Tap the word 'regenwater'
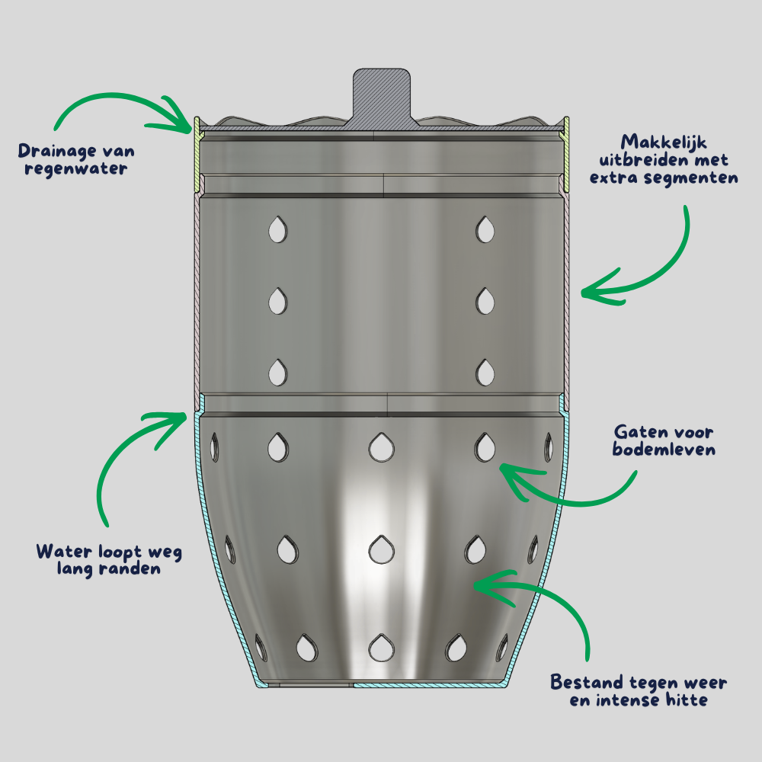[x=75, y=168]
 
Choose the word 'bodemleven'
[x=664, y=450]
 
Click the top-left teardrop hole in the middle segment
[x=277, y=229]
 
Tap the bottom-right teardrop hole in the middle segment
[x=485, y=372]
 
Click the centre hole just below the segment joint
[x=380, y=447]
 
